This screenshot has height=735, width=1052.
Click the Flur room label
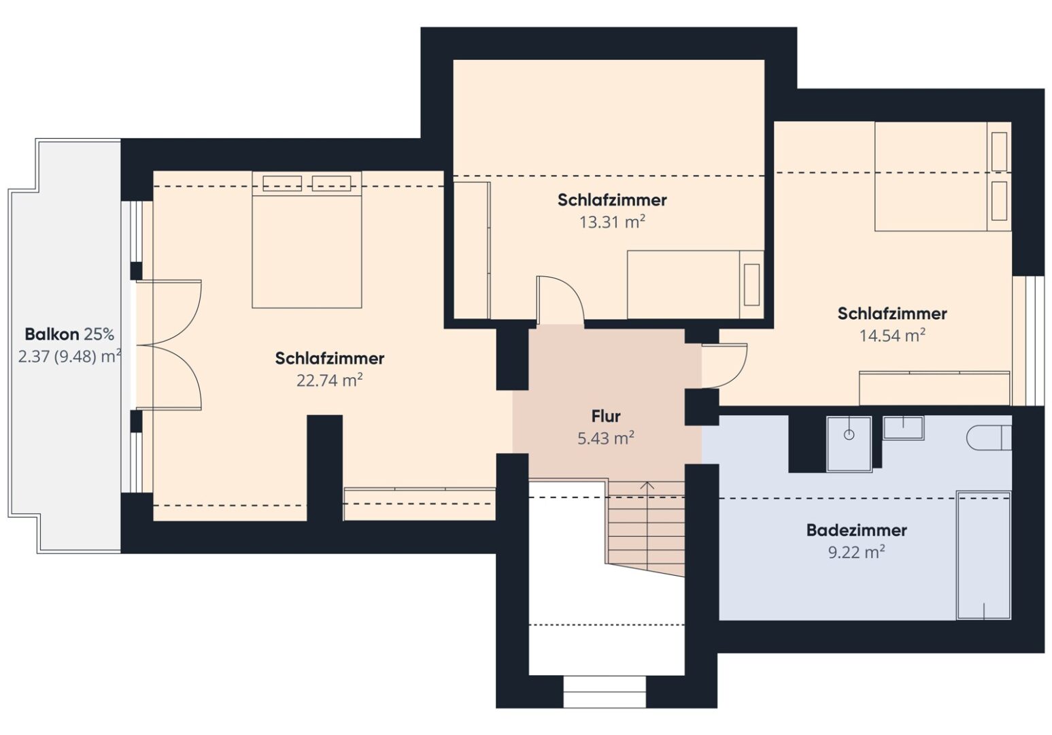[x=605, y=416]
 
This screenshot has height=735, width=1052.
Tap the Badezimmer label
[x=856, y=531]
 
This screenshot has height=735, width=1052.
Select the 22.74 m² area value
[x=329, y=380]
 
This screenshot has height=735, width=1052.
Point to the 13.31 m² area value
[x=612, y=222]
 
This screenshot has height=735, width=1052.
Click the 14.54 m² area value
[x=892, y=336]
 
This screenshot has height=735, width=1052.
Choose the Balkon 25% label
[x=69, y=335]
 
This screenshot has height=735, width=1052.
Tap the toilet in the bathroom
[x=989, y=438]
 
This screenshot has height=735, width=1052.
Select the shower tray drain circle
[x=849, y=435]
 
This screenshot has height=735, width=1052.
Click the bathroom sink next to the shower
[x=903, y=427]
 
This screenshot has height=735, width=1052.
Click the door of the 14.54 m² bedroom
[x=724, y=366]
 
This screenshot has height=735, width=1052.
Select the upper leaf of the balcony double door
[x=169, y=312]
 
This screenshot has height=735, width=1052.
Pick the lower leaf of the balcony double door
[x=169, y=378]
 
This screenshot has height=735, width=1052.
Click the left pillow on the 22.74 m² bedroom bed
[x=282, y=183]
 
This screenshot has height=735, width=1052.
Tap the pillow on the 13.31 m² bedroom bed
[x=751, y=284]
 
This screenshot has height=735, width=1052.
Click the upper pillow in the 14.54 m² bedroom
[x=1000, y=152]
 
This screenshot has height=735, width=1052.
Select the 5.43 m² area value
[x=605, y=438]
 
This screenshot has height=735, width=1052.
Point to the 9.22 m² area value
[x=856, y=552]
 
